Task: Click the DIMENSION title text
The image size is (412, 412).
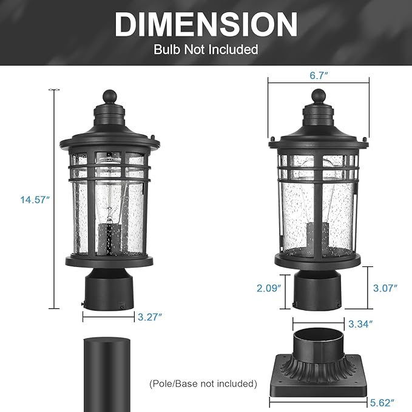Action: click(206, 24)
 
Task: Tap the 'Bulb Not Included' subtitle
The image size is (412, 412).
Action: click(206, 49)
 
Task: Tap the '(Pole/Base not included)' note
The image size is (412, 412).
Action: click(203, 383)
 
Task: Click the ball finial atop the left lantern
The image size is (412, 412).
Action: click(110, 96)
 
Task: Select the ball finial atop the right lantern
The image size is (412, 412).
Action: click(319, 95)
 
